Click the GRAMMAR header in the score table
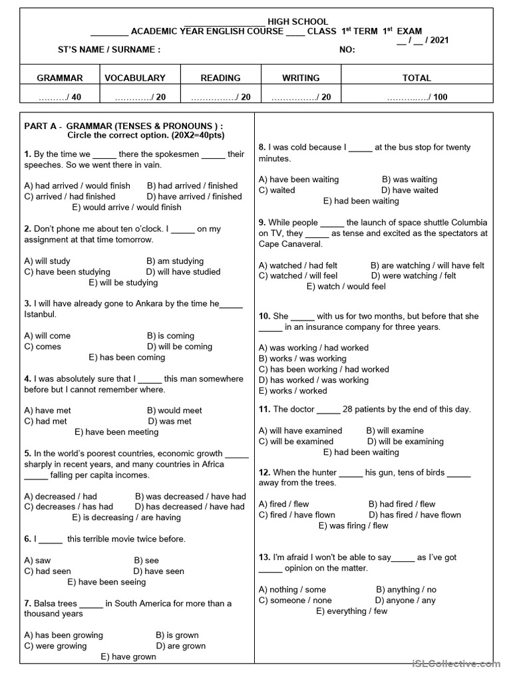60,78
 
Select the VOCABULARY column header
135,78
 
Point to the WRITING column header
301,78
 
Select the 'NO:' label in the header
347,50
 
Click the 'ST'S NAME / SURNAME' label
109,50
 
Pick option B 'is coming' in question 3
170,336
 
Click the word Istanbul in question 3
40,315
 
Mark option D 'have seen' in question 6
158,571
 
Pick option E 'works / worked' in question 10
293,390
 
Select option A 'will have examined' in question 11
300,431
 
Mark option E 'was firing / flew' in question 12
353,525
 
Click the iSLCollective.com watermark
456,663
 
